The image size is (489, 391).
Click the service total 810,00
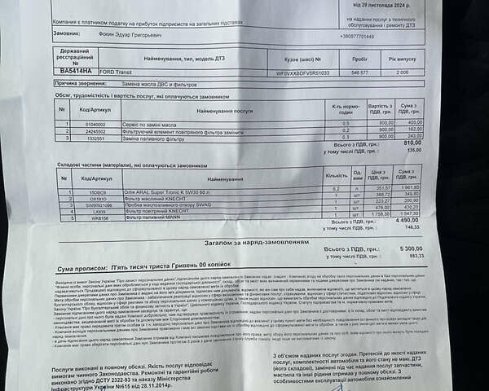pyautogui.click(x=412, y=143)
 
